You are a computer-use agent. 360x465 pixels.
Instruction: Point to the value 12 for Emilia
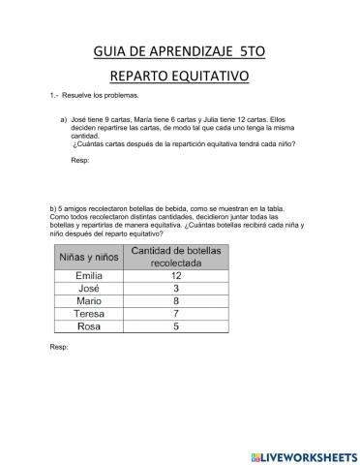(176, 276)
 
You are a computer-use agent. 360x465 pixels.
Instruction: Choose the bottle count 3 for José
(176, 289)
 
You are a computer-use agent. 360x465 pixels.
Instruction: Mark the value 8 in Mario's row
(176, 301)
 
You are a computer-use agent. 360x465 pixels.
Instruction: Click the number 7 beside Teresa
(176, 314)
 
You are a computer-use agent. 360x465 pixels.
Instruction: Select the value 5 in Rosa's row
(176, 326)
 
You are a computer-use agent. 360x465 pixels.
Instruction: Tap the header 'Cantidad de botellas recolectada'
(176, 257)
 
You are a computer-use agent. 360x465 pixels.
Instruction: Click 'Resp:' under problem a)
(80, 160)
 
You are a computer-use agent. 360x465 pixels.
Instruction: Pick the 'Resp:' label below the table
(58, 347)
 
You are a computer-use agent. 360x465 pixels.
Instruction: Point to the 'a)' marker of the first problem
(64, 120)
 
